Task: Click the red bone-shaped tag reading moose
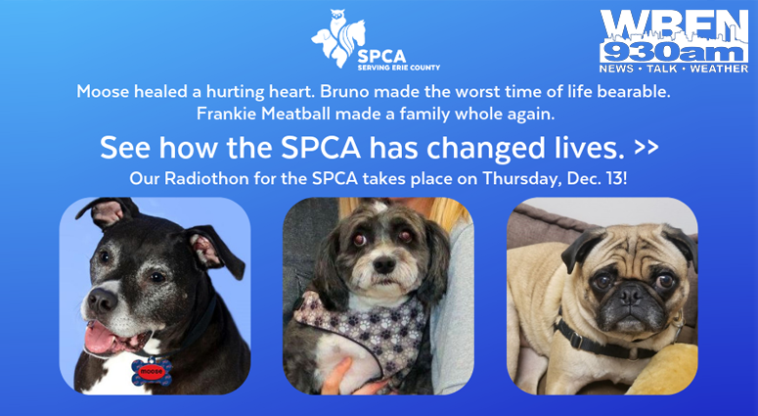tap(152, 372)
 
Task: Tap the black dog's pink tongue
tap(101, 337)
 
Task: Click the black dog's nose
tap(101, 300)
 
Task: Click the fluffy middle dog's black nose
tap(384, 264)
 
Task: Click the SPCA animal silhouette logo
tap(338, 39)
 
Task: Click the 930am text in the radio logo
tap(674, 53)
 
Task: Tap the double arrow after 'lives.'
tap(647, 147)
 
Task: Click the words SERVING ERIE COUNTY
tap(399, 68)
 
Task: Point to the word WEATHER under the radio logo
tap(719, 69)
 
